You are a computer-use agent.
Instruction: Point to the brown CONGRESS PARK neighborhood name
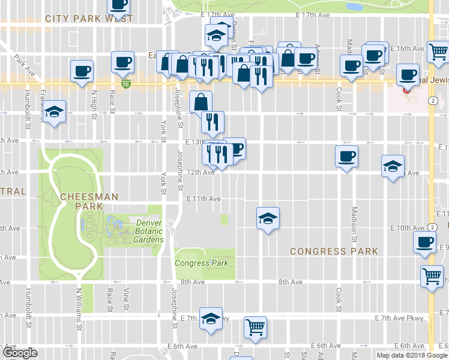[x=334, y=251]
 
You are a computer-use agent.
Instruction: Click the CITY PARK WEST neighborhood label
[x=89, y=19]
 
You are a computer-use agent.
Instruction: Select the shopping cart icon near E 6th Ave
[x=255, y=327]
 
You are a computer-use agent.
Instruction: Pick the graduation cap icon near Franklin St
[x=55, y=111]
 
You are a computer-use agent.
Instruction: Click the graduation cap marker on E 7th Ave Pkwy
[x=211, y=319]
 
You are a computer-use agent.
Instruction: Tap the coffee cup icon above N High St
[x=82, y=70]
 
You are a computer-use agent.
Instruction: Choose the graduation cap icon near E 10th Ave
[x=268, y=218]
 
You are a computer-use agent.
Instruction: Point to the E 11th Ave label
[x=203, y=199]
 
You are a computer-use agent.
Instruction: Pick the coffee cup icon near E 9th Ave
[x=424, y=242]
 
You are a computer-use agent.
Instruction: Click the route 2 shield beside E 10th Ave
[x=432, y=227]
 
